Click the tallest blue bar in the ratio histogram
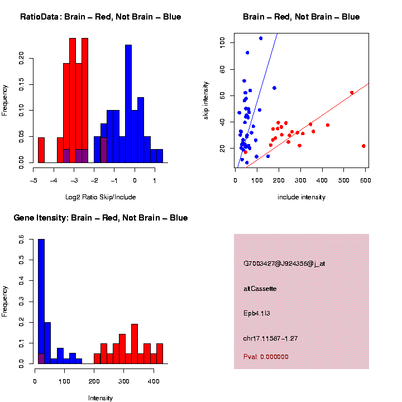coord(128,103)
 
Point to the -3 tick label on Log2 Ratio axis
coord(73,181)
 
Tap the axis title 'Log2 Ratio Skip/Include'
coord(100,197)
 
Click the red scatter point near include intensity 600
coord(363,146)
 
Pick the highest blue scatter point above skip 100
coord(261,38)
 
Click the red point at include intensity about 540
coord(352,93)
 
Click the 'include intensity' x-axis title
coord(301,197)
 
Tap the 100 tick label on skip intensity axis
coord(222,42)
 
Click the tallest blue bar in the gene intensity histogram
coord(41,301)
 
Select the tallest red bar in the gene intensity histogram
coord(135,343)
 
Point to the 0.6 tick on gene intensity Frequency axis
coord(22,240)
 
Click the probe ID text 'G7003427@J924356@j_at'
coord(284,264)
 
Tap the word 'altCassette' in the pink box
coord(260,289)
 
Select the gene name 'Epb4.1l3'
coord(257,313)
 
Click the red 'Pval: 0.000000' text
coord(266,356)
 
